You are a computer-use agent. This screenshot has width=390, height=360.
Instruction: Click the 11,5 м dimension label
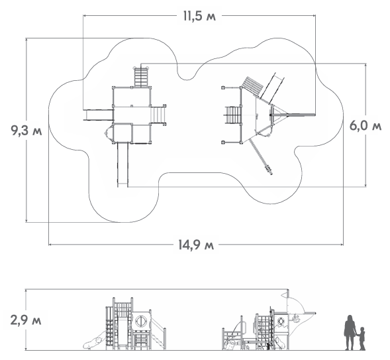click(x=199, y=17)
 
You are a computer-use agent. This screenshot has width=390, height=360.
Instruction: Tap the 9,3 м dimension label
click(x=26, y=130)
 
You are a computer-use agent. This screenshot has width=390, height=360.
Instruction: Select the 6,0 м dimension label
click(x=365, y=125)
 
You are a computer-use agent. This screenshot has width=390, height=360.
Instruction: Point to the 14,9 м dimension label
click(x=196, y=245)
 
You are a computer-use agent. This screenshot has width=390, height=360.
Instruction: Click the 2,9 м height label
click(x=26, y=320)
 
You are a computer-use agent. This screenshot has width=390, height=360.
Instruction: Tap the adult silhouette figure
click(x=350, y=332)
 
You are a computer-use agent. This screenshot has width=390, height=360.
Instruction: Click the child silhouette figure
click(x=362, y=339)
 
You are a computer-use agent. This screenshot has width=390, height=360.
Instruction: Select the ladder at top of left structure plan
click(x=141, y=77)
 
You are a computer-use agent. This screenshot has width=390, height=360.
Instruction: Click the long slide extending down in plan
click(x=122, y=164)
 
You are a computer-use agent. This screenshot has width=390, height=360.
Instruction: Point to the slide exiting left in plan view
click(x=98, y=115)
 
